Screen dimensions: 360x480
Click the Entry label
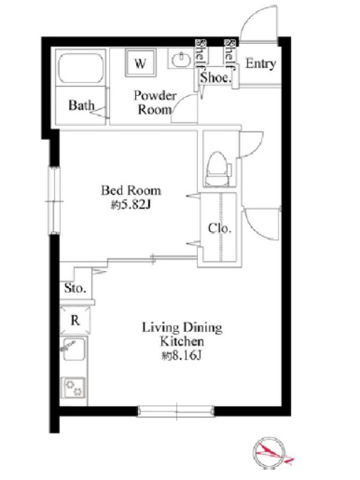(x=260, y=64)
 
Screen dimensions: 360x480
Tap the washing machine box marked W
(x=140, y=63)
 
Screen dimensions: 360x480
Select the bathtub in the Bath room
(x=80, y=68)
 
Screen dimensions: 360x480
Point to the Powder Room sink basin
(x=181, y=59)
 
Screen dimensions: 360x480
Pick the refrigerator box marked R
(x=76, y=320)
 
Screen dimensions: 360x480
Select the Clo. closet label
(x=220, y=228)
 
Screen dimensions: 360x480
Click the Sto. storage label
(x=76, y=288)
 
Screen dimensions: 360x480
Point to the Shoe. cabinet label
(x=215, y=77)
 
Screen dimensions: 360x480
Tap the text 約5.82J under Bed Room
(x=131, y=205)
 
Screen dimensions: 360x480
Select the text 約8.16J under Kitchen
(x=182, y=355)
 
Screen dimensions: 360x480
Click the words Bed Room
(x=131, y=190)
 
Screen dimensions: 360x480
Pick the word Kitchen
(x=182, y=341)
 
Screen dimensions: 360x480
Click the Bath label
(x=81, y=106)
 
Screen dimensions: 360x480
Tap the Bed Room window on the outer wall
(x=54, y=201)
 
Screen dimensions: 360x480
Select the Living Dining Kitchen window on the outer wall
(x=175, y=411)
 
